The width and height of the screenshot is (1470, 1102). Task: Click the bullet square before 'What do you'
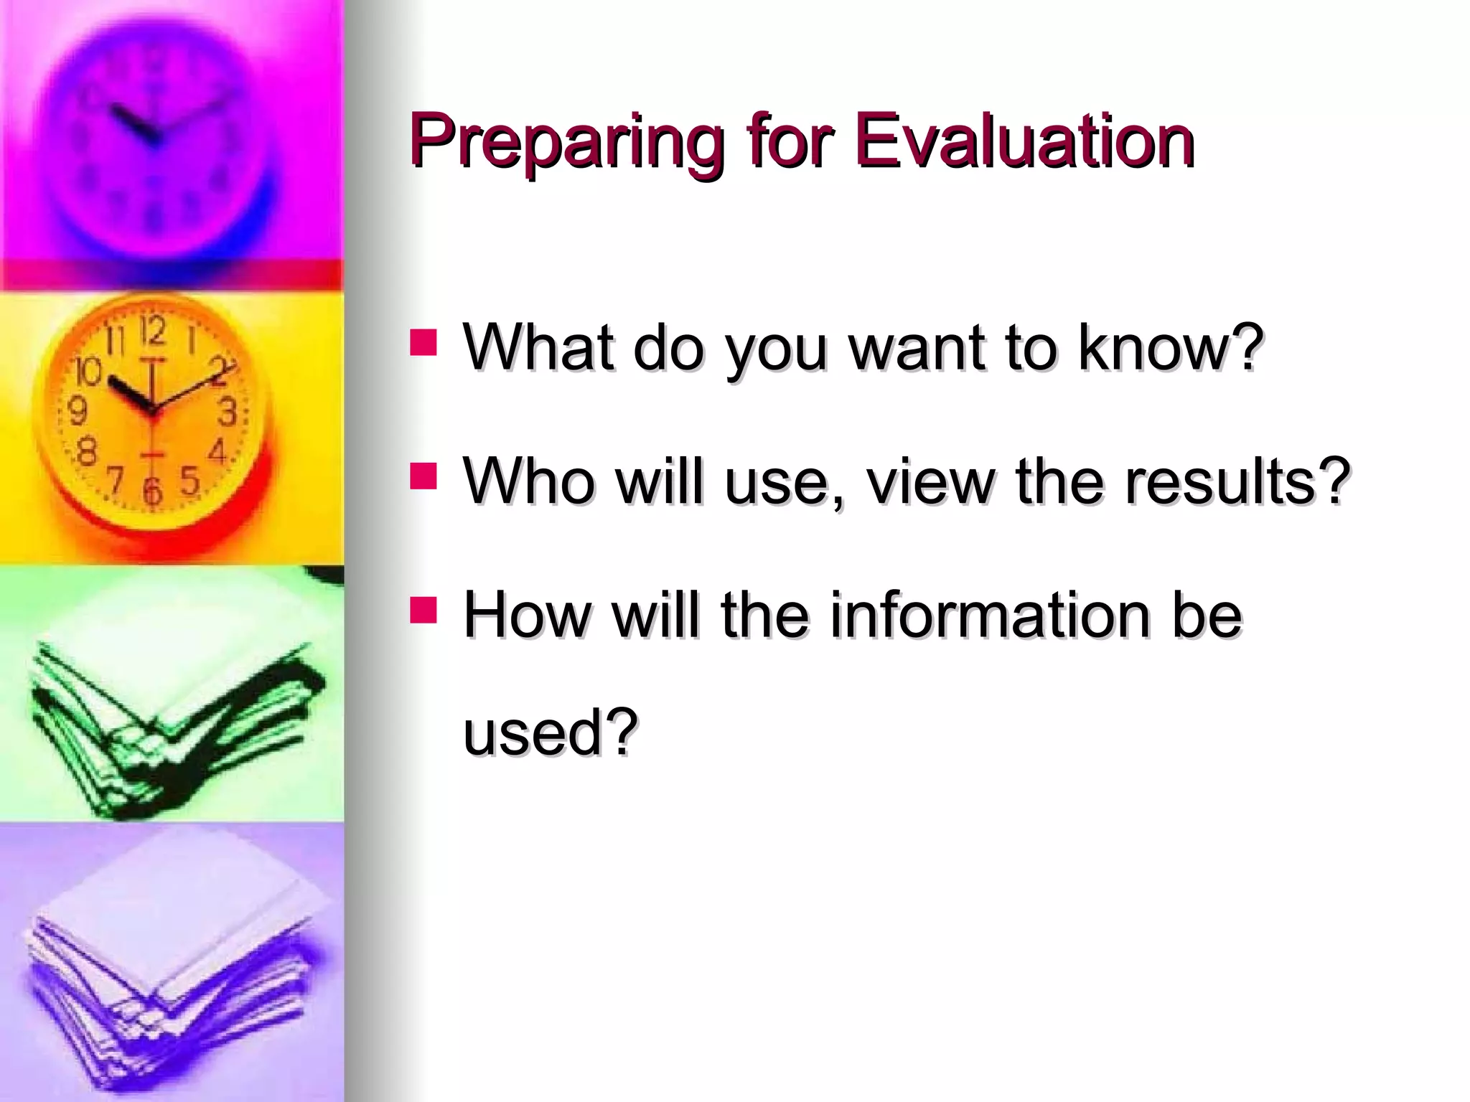423,343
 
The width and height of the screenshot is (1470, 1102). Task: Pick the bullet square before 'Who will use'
423,476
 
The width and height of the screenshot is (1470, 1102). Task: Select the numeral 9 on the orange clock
78,412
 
